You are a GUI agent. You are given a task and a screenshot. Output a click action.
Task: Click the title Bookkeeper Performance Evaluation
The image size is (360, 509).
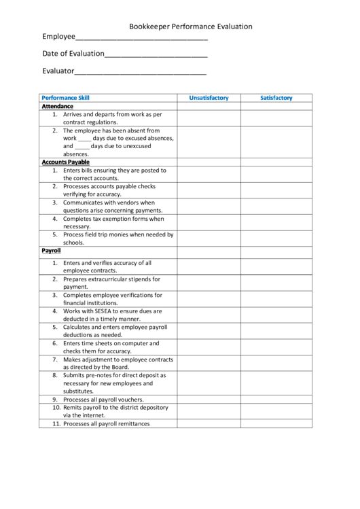pyautogui.click(x=191, y=27)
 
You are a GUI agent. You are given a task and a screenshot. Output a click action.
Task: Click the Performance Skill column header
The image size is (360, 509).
pyautogui.click(x=65, y=98)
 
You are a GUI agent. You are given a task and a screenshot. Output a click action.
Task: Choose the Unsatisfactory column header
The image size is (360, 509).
pyautogui.click(x=209, y=98)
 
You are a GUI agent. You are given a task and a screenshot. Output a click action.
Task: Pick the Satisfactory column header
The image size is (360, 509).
pyautogui.click(x=276, y=98)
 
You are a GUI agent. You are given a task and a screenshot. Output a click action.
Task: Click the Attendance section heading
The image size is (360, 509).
pyautogui.click(x=58, y=107)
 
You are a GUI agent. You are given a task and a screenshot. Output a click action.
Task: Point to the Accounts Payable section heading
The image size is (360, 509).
pyautogui.click(x=65, y=162)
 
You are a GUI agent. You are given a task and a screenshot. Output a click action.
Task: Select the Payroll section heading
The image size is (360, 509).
pyautogui.click(x=52, y=251)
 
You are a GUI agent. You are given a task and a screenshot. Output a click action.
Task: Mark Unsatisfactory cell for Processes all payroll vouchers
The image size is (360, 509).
pyautogui.click(x=209, y=400)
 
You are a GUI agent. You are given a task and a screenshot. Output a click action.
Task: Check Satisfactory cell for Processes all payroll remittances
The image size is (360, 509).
pyautogui.click(x=276, y=423)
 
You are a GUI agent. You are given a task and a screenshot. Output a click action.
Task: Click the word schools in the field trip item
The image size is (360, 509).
pyautogui.click(x=73, y=243)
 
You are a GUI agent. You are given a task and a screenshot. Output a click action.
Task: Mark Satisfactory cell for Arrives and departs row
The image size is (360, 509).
pyautogui.click(x=276, y=118)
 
